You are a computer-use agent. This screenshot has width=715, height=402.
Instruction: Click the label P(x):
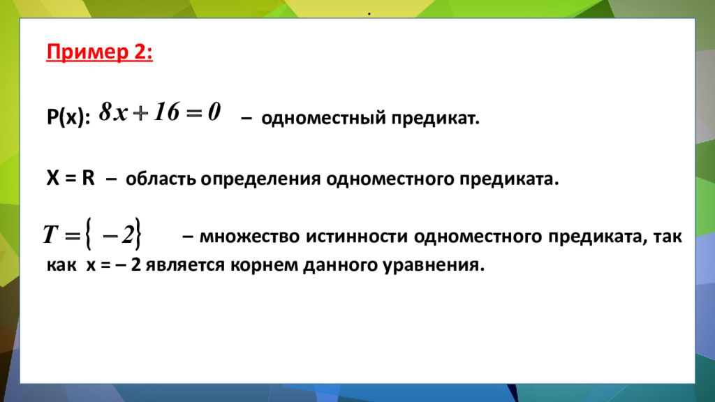[x=68, y=119]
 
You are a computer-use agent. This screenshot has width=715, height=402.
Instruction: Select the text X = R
[x=71, y=177]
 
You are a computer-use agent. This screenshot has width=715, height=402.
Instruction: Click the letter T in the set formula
[x=50, y=236]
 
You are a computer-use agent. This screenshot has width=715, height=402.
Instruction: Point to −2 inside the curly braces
[x=117, y=236]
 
